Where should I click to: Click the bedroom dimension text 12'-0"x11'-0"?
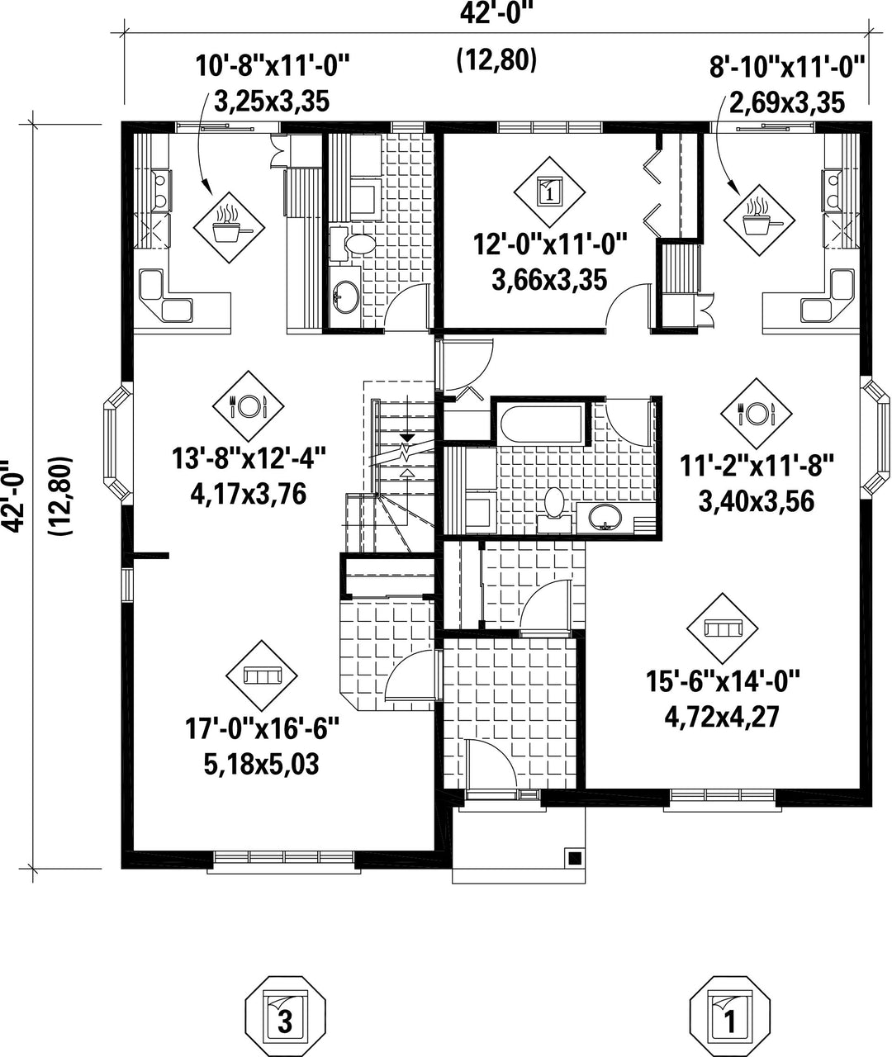pos(550,245)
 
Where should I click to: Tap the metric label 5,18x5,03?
pos(262,765)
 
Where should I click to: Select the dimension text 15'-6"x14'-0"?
pos(723,682)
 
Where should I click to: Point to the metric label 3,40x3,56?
pos(757,502)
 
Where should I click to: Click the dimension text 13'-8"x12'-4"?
pos(248,460)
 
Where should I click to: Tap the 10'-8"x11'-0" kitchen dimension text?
pos(273,66)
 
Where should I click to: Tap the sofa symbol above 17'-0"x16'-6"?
pos(262,675)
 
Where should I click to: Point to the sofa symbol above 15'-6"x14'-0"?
pos(723,628)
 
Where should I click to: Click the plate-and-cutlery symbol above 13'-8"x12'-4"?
pos(248,406)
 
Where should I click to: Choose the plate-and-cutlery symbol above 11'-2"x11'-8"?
pos(757,413)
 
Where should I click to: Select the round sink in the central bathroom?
pos(605,516)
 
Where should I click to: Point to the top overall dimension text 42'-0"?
pos(496,15)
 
